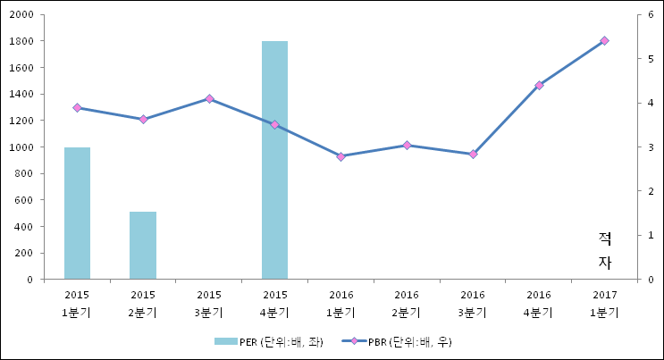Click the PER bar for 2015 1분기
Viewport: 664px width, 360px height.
(77, 213)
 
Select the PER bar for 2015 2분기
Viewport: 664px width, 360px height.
(143, 245)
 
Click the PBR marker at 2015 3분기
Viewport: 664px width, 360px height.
(209, 98)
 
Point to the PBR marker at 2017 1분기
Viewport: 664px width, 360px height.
(604, 41)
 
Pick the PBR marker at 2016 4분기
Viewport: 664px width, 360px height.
(539, 85)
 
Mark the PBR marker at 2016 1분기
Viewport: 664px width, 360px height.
(340, 156)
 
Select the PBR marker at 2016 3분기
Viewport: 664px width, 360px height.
(473, 154)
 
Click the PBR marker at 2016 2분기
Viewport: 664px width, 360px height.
(407, 145)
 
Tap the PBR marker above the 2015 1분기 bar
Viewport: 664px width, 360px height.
(77, 107)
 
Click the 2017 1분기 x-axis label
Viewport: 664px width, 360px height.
(604, 304)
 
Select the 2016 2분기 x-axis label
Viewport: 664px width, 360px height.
(407, 304)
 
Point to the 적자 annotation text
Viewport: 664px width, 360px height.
(605, 250)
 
